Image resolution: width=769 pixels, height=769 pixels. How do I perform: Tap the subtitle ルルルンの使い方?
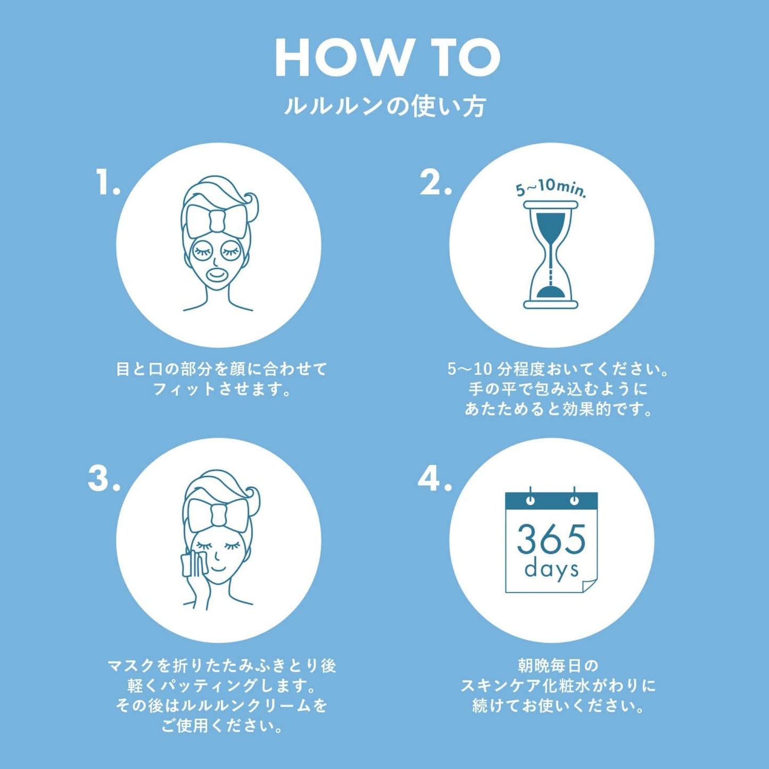[385, 106]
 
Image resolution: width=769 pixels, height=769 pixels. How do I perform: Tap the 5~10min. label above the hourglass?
[551, 188]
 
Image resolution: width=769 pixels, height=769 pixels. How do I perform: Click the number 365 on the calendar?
[551, 540]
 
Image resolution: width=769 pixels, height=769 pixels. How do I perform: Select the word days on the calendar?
[551, 569]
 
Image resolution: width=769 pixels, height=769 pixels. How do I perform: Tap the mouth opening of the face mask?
[217, 275]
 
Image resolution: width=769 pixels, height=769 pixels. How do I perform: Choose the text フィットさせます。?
[222, 390]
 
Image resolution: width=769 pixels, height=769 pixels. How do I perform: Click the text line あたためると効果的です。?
[558, 409]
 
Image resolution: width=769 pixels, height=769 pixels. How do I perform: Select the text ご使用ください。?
[222, 725]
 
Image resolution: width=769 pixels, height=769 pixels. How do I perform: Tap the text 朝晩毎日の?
[558, 665]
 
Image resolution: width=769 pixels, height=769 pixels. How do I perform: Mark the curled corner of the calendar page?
[588, 585]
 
